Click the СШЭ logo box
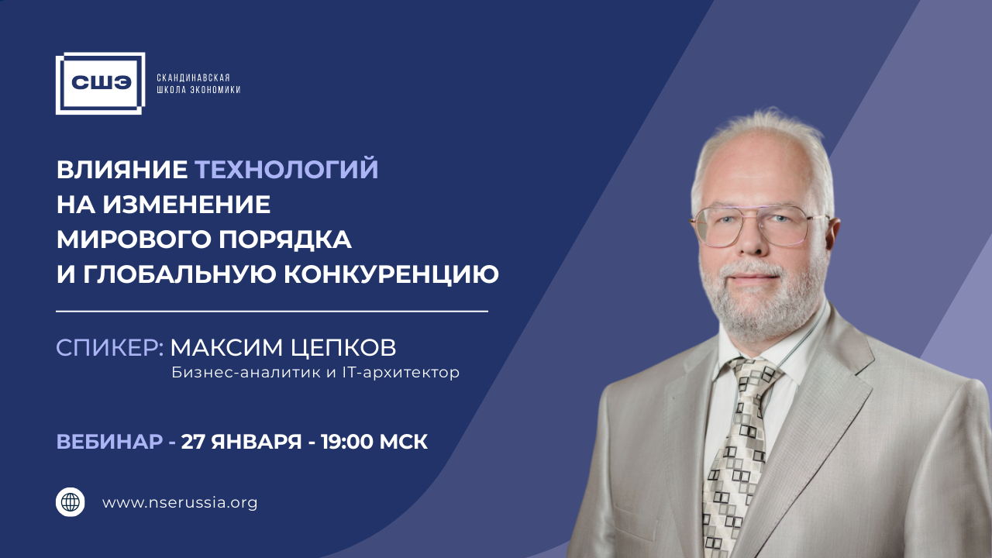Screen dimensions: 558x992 click(100, 83)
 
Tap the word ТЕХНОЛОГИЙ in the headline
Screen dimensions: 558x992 click(286, 169)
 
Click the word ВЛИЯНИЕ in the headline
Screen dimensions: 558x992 click(122, 169)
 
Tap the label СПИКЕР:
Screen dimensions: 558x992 click(109, 347)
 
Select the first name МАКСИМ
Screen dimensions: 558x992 click(224, 347)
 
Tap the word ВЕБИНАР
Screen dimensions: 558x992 click(109, 442)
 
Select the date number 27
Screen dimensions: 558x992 click(193, 442)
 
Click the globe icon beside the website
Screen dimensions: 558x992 click(71, 502)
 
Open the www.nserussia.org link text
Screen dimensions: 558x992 click(180, 502)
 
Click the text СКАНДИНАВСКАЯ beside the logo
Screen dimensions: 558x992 click(194, 77)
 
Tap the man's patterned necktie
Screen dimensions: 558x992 click(736, 449)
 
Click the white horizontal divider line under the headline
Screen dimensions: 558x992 click(272, 312)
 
